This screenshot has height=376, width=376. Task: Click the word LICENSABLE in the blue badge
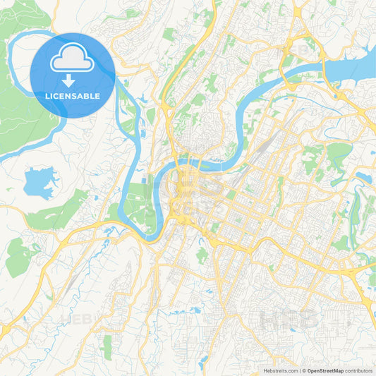click(x=73, y=95)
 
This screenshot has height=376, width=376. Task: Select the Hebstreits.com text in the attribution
click(x=279, y=370)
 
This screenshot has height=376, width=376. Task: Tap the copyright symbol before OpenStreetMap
click(x=305, y=370)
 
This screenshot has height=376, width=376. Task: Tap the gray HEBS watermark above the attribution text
click(x=289, y=319)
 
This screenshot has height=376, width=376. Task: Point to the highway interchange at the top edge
click(x=301, y=11)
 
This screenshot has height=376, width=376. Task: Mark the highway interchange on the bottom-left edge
click(x=6, y=329)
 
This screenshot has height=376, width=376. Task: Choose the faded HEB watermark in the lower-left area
click(x=78, y=319)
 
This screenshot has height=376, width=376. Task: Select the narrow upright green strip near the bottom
click(x=107, y=346)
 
